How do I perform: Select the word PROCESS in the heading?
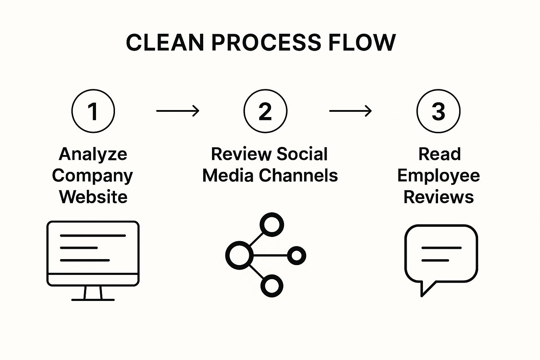tap(266, 43)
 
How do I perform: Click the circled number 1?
tap(93, 111)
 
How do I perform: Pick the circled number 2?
tap(265, 111)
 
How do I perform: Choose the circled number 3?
tap(438, 111)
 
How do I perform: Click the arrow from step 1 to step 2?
tap(178, 111)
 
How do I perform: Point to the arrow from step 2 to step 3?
tap(350, 111)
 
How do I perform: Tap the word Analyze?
tap(93, 154)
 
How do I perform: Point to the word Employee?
tap(438, 175)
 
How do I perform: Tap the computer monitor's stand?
tap(93, 293)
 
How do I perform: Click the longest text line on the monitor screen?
tap(93, 236)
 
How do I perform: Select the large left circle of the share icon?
tap(239, 255)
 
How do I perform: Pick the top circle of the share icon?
tap(272, 224)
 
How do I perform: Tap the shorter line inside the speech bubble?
tap(435, 261)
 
